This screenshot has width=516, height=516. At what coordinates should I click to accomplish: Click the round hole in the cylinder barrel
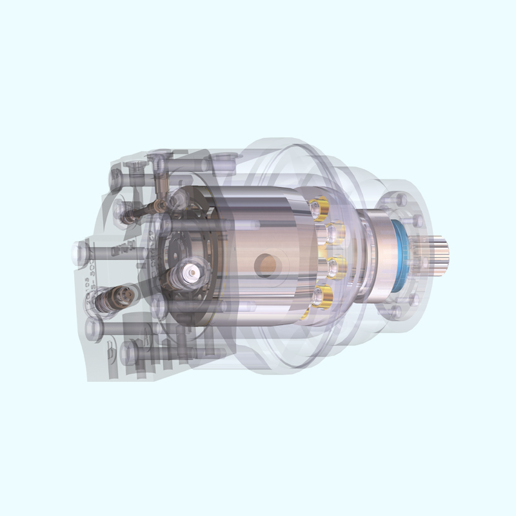point(265,263)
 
